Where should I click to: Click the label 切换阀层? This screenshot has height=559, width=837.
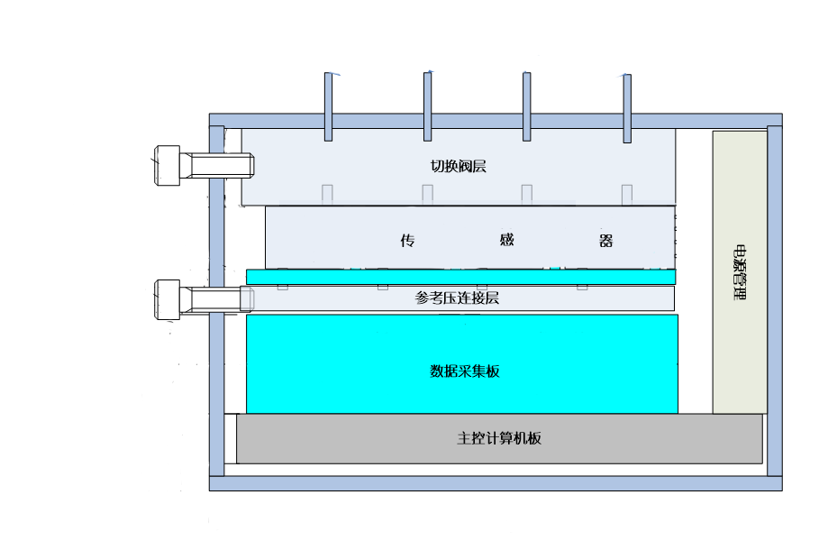pos(459,166)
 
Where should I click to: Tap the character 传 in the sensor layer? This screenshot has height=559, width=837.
pos(407,241)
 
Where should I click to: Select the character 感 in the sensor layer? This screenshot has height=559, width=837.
pos(506,241)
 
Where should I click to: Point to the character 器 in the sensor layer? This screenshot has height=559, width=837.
pos(605,241)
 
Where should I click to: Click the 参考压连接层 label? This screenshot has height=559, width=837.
pos(457,298)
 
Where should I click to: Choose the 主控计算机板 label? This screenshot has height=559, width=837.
pos(499,439)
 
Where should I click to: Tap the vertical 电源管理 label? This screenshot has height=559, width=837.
pos(740,271)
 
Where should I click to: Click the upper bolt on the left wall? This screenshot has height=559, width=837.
pos(206,166)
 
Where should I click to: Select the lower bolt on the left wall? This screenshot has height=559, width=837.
pos(205,299)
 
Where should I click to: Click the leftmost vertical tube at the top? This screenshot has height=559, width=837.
pos(329,107)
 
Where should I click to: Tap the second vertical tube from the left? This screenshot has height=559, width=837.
pos(428,107)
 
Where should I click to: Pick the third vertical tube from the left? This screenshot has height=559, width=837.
pos(526,107)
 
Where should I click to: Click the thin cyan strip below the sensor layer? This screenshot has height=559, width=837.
pos(460,277)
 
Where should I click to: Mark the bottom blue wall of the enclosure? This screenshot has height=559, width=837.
pos(496,483)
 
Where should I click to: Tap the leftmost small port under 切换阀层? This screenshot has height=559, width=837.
pos(328,194)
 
